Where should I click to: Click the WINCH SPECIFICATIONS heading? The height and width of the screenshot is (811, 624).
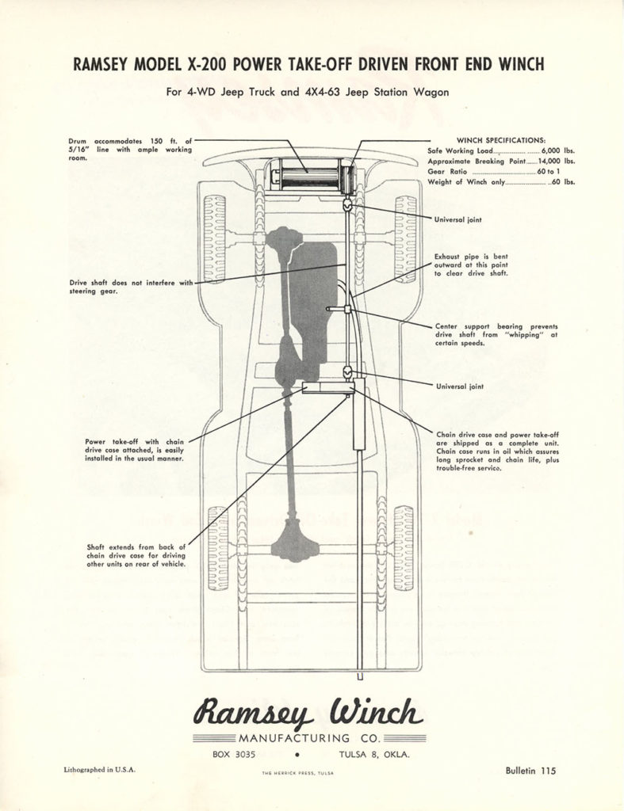500,139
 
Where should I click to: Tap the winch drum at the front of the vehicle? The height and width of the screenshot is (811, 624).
309,175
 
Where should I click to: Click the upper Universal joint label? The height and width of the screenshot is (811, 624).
457,219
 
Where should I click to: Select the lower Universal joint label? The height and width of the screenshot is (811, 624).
460,386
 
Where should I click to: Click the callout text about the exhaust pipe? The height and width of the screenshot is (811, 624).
471,265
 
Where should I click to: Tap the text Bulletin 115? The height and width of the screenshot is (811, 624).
530,769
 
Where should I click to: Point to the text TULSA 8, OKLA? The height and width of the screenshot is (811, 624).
374,755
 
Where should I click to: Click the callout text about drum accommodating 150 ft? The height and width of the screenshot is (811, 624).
130,149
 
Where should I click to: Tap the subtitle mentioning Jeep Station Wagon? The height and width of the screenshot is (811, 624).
308,92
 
